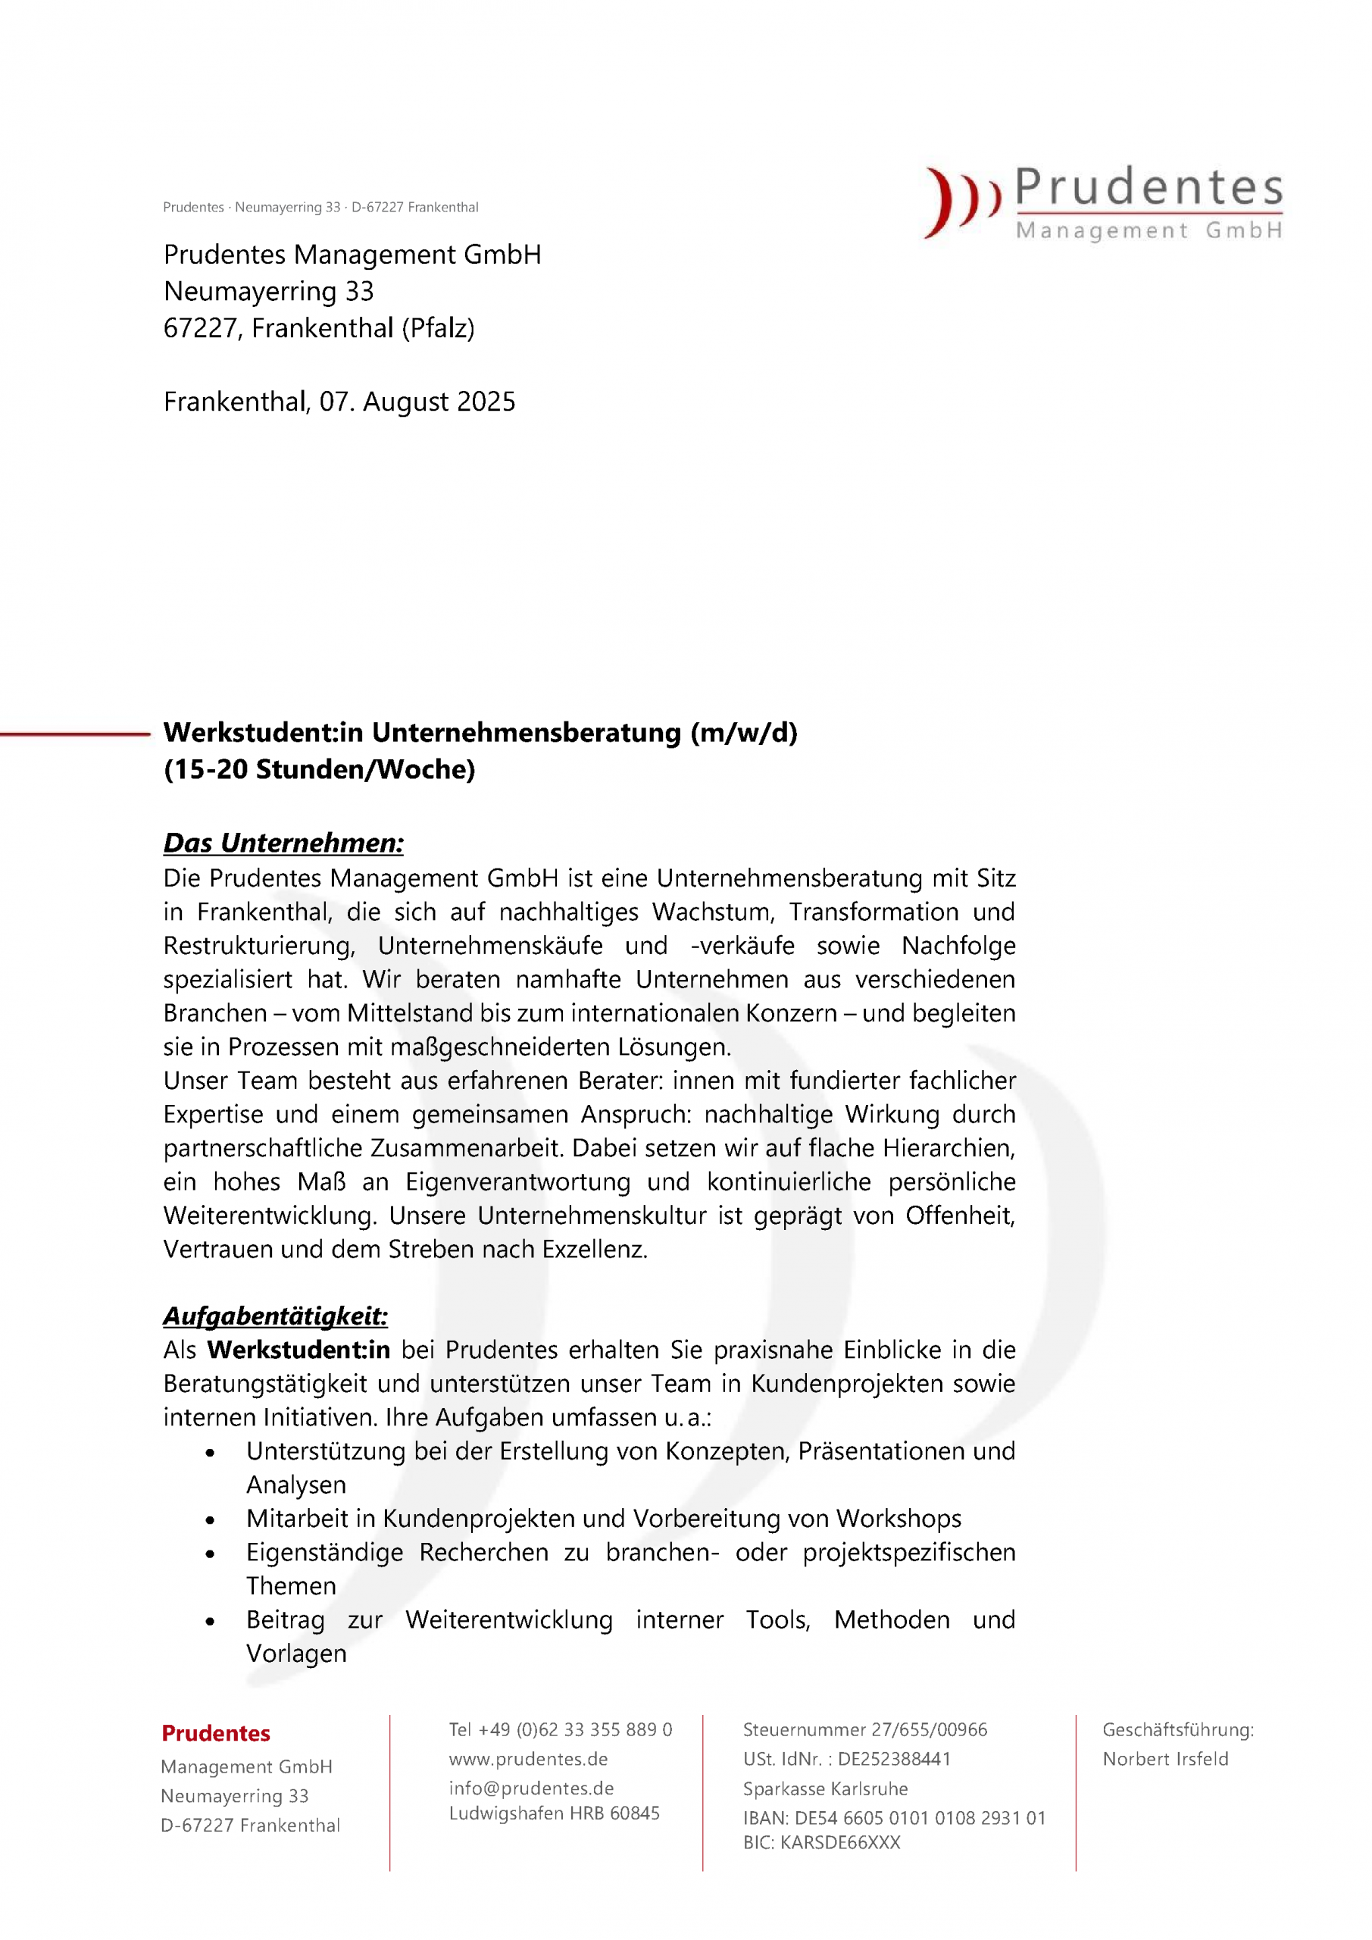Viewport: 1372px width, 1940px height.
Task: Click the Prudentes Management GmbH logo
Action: click(1103, 203)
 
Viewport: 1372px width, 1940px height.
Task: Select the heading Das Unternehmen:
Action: click(283, 843)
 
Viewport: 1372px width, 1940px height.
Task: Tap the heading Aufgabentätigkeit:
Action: click(276, 1316)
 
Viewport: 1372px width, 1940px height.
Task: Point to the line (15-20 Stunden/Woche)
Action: click(320, 769)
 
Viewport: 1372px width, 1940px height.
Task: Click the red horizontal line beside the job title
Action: click(74, 734)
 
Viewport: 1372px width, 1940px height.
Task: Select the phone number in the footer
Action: click(560, 1729)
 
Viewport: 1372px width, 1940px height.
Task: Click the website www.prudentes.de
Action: click(528, 1759)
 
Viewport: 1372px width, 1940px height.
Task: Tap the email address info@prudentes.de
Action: click(531, 1788)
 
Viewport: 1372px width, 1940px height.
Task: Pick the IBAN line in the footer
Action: click(894, 1817)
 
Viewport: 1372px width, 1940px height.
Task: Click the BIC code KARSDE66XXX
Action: click(821, 1843)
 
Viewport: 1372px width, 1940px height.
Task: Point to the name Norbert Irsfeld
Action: click(1165, 1759)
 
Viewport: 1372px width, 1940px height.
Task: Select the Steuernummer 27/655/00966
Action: click(864, 1729)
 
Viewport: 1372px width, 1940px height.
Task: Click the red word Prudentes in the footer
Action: click(215, 1733)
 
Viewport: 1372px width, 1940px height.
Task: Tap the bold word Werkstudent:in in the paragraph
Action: click(298, 1350)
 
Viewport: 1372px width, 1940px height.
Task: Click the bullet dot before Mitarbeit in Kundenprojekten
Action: click(211, 1520)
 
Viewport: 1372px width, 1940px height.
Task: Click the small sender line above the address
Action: click(320, 207)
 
